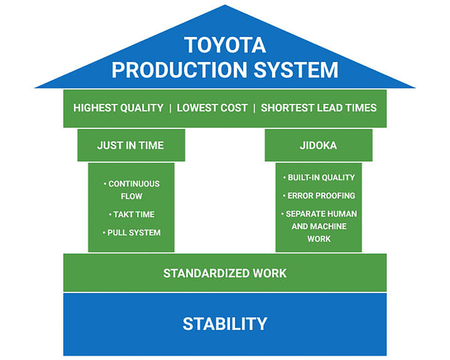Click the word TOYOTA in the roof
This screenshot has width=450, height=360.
tap(225, 45)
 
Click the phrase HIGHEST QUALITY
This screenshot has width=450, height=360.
tap(118, 108)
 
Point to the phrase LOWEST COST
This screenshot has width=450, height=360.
tap(212, 108)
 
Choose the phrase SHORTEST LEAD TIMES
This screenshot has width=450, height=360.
tap(318, 108)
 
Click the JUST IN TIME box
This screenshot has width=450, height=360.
tap(131, 145)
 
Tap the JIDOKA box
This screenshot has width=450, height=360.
tap(318, 145)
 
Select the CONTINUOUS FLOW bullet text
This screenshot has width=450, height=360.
tap(132, 190)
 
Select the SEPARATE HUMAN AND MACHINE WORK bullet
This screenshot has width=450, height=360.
tap(319, 226)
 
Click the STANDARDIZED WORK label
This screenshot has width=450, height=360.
tap(225, 273)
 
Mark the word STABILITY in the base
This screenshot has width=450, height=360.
tap(225, 324)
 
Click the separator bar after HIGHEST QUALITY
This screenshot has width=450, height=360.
tap(170, 108)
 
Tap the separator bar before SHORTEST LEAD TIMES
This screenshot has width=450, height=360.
tap(254, 108)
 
